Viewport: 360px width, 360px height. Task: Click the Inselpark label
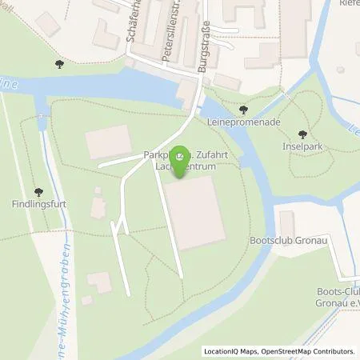302,147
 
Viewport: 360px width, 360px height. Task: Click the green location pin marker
181,154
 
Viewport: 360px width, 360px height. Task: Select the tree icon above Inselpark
302,134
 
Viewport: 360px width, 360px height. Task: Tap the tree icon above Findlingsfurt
38,191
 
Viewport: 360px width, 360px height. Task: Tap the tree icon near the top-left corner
58,63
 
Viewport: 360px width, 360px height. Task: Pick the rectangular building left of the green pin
107,142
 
